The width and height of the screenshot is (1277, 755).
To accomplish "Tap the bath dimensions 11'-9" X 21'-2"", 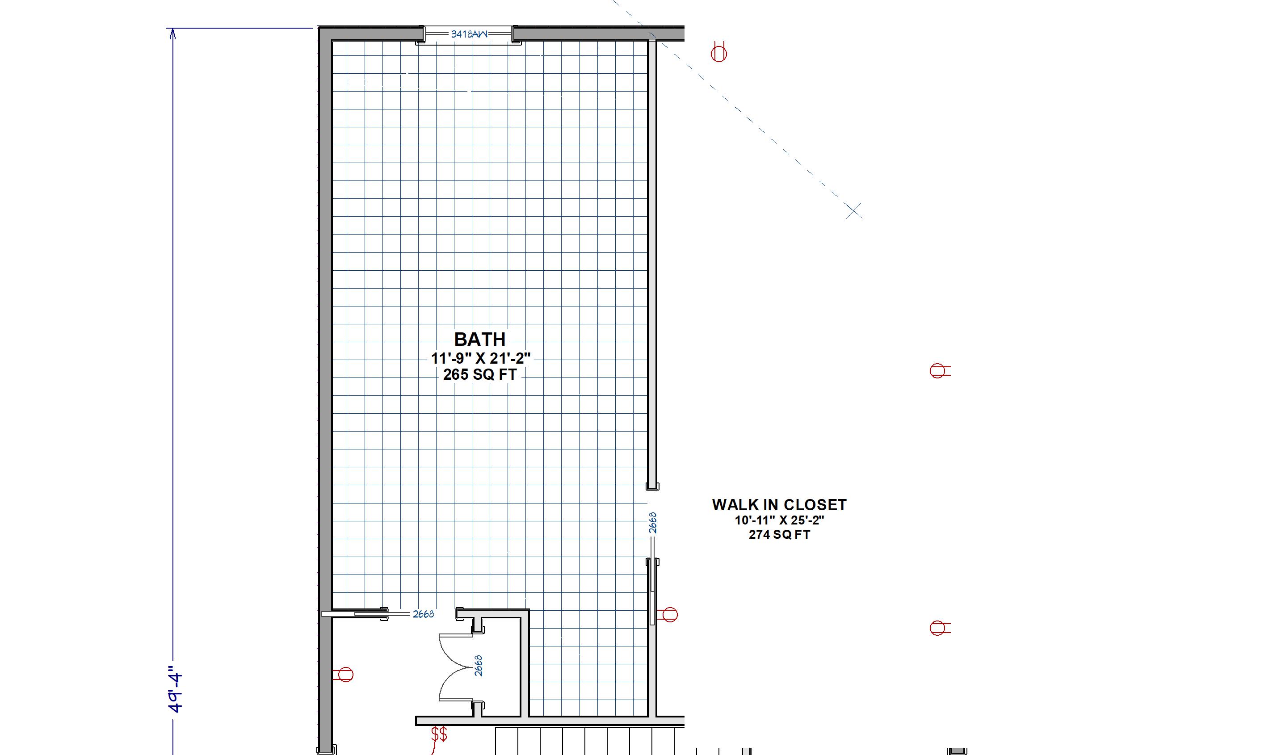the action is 481,359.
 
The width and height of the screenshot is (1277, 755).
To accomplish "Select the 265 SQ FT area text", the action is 480,375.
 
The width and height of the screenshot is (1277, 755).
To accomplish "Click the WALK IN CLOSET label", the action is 779,505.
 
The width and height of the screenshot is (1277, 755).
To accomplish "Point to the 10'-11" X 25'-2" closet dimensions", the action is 779,520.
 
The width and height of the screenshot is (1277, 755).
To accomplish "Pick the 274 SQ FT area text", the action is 779,535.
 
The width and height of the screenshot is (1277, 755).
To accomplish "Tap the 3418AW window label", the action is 469,34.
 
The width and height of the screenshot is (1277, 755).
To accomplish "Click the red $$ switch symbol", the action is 439,734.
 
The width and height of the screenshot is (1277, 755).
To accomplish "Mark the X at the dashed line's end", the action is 854,210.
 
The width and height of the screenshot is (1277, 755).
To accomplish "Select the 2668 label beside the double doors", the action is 478,666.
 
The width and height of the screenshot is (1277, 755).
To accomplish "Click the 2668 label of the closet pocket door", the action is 653,523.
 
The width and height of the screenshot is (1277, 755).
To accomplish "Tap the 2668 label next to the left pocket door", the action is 423,614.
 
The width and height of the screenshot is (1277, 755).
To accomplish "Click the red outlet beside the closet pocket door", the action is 668,615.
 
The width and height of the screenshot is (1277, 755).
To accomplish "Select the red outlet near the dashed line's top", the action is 718,52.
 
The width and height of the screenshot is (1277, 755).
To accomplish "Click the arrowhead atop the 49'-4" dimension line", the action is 172,34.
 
